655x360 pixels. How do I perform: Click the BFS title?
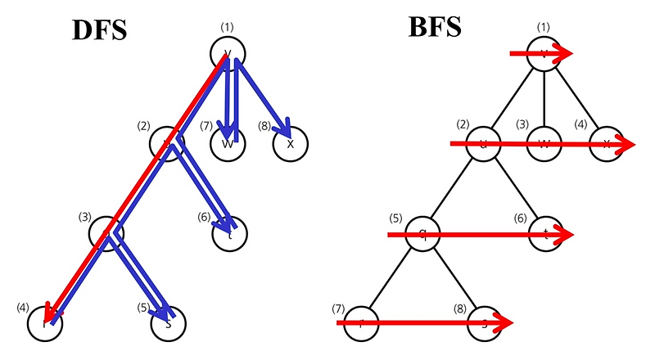click(x=435, y=28)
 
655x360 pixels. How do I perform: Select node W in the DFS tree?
click(x=228, y=143)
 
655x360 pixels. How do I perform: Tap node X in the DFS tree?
click(x=290, y=143)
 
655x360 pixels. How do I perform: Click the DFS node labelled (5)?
click(x=168, y=322)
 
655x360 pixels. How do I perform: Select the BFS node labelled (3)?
click(x=544, y=144)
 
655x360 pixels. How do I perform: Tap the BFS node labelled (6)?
click(x=544, y=234)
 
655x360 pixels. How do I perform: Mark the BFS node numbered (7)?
click(x=360, y=323)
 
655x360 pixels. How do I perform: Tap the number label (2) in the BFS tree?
click(x=463, y=124)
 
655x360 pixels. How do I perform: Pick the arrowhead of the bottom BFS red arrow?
click(x=503, y=323)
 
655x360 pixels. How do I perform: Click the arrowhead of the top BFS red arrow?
click(x=565, y=54)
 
